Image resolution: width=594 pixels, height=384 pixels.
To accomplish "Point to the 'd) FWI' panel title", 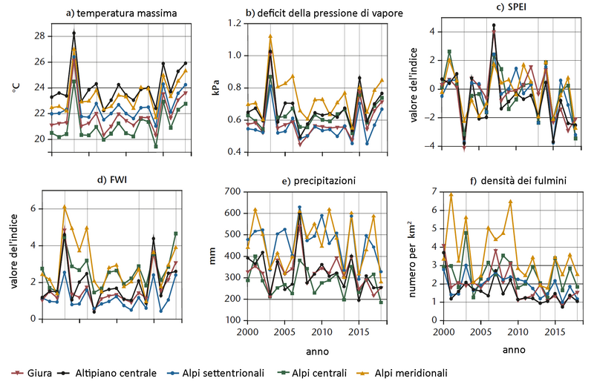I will click(x=114, y=179).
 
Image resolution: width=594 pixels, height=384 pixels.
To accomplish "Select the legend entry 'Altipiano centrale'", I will click(x=114, y=373).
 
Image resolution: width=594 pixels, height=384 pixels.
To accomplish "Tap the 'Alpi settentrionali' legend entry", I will click(x=221, y=373).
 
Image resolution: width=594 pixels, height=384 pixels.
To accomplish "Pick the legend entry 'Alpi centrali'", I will click(x=324, y=373).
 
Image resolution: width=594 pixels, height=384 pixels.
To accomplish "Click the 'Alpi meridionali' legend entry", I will click(x=415, y=373).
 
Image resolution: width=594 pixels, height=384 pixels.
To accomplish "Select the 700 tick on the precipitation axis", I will click(x=232, y=192).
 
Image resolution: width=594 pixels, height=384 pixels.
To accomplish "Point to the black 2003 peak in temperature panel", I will click(x=74, y=33).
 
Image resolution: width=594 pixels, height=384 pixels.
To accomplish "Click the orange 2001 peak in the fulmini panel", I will click(x=451, y=195).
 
